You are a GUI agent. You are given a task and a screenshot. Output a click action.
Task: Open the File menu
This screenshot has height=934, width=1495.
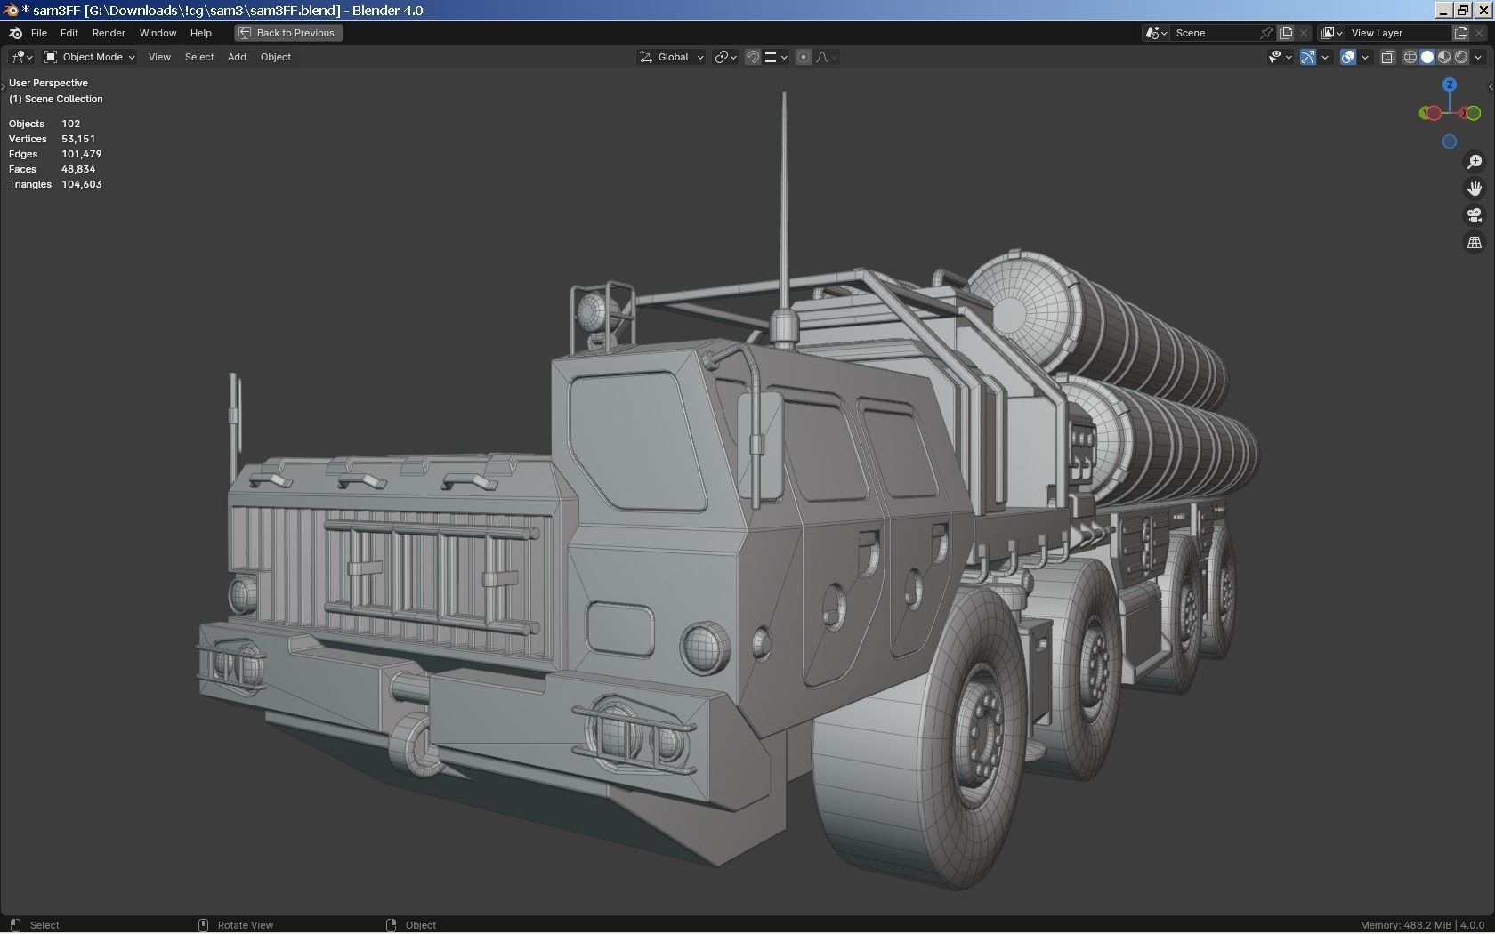point(38,33)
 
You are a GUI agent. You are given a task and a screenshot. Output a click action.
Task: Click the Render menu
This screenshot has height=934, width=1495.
point(109,33)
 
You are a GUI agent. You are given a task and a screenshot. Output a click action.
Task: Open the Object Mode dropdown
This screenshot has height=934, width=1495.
point(90,57)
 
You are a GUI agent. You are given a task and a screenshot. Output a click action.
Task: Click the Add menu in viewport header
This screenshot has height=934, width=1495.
point(237,57)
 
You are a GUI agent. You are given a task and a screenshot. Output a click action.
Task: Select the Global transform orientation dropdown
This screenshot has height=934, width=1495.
point(672,57)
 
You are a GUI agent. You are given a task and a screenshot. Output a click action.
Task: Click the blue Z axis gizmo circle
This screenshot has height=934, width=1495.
point(1450,85)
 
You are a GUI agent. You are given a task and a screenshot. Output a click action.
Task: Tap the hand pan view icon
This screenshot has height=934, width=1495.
point(1475,189)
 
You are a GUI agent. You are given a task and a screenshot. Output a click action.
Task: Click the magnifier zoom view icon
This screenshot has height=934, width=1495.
point(1475,162)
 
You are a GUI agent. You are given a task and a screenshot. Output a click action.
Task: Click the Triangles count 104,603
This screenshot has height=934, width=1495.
point(82,184)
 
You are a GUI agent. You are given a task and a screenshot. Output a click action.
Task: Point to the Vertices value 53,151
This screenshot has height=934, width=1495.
point(78,139)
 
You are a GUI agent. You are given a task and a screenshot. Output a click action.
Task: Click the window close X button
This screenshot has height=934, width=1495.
point(1483,10)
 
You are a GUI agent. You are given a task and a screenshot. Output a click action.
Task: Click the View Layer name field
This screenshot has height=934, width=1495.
point(1397,33)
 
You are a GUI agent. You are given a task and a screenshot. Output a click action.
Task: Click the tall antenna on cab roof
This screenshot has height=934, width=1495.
point(784,205)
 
